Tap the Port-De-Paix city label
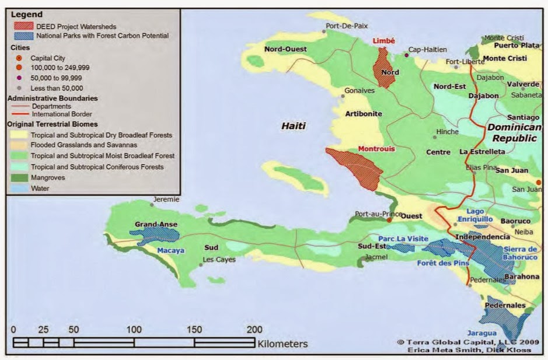pyautogui.click(x=348, y=26)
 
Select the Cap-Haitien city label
pyautogui.click(x=427, y=50)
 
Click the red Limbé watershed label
pyautogui.click(x=383, y=41)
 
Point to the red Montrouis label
pyautogui.click(x=376, y=149)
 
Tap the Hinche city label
pyautogui.click(x=447, y=132)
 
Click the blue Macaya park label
pyautogui.click(x=171, y=251)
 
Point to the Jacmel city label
pyautogui.click(x=376, y=257)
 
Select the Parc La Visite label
pyautogui.click(x=403, y=239)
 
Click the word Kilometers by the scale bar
pyautogui.click(x=282, y=344)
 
